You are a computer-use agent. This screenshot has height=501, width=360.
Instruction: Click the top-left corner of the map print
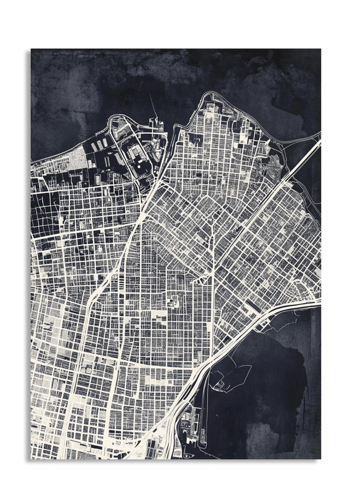(x=31, y=49)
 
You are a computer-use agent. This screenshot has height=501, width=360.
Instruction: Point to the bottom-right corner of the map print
(x=320, y=458)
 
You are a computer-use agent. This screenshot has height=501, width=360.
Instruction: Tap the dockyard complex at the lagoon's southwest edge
(x=192, y=420)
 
